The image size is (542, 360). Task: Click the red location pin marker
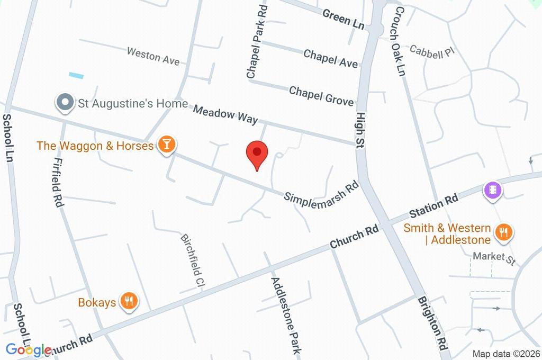point(257,154)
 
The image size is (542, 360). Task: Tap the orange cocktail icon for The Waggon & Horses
point(167,145)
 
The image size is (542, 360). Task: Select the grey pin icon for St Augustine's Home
point(65,103)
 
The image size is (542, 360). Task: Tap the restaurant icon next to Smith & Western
point(503,232)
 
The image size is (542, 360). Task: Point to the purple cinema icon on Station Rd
point(493,190)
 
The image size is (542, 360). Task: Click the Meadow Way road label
point(225,114)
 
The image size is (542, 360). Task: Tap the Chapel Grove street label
point(321,95)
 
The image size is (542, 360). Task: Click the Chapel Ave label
point(331,58)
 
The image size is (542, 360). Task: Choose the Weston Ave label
point(153,56)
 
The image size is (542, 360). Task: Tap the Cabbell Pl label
point(432,51)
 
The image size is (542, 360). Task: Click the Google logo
point(28,349)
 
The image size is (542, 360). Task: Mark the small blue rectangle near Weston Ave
point(76,76)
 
